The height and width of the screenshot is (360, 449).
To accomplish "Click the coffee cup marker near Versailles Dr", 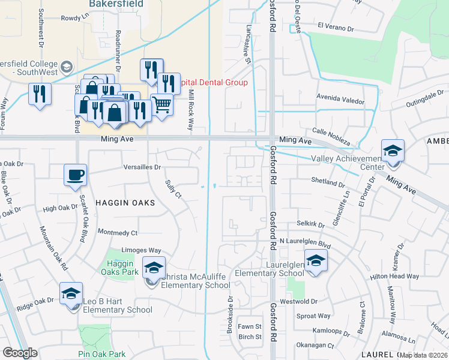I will tap(75, 175).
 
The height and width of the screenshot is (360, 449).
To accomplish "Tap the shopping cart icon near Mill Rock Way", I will tap(161, 105).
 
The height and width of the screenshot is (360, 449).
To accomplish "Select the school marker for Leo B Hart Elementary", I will tap(71, 294).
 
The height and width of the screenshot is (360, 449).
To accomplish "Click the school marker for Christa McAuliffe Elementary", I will tap(154, 268).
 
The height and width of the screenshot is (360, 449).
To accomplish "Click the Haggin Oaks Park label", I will tap(124, 268).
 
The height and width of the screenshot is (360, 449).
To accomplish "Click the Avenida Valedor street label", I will tap(340, 101).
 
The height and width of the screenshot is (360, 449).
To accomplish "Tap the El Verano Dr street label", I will tap(337, 26).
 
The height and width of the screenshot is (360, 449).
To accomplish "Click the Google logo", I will tap(20, 353).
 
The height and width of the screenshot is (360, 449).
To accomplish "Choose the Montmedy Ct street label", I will tap(117, 232).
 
